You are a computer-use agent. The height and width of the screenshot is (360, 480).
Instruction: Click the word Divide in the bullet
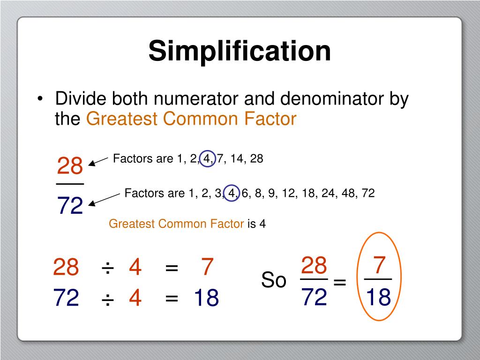pyautogui.click(x=81, y=99)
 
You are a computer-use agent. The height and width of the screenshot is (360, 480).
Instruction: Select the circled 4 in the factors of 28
pyautogui.click(x=207, y=159)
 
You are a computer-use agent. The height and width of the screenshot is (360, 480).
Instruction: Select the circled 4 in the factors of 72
pyautogui.click(x=231, y=193)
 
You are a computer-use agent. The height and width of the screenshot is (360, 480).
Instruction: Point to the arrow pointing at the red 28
pyautogui.click(x=98, y=161)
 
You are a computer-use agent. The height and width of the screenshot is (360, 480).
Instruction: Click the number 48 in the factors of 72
pyautogui.click(x=348, y=193)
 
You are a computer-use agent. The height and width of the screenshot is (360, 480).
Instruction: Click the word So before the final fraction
pyautogui.click(x=274, y=280)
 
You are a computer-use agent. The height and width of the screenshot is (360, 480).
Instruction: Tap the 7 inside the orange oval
pyautogui.click(x=379, y=265)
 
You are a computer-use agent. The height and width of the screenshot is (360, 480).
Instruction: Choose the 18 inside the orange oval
pyautogui.click(x=378, y=297)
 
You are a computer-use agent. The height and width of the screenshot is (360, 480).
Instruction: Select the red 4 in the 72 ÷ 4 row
pyautogui.click(x=135, y=298)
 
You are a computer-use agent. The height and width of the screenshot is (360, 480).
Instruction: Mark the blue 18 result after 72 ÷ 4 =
pyautogui.click(x=207, y=298)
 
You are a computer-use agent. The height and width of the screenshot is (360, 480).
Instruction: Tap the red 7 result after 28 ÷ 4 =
pyautogui.click(x=207, y=267)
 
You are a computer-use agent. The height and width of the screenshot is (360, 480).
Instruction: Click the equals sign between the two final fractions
pyautogui.click(x=339, y=282)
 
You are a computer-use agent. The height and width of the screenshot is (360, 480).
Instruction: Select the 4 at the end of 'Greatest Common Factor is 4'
pyautogui.click(x=262, y=224)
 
